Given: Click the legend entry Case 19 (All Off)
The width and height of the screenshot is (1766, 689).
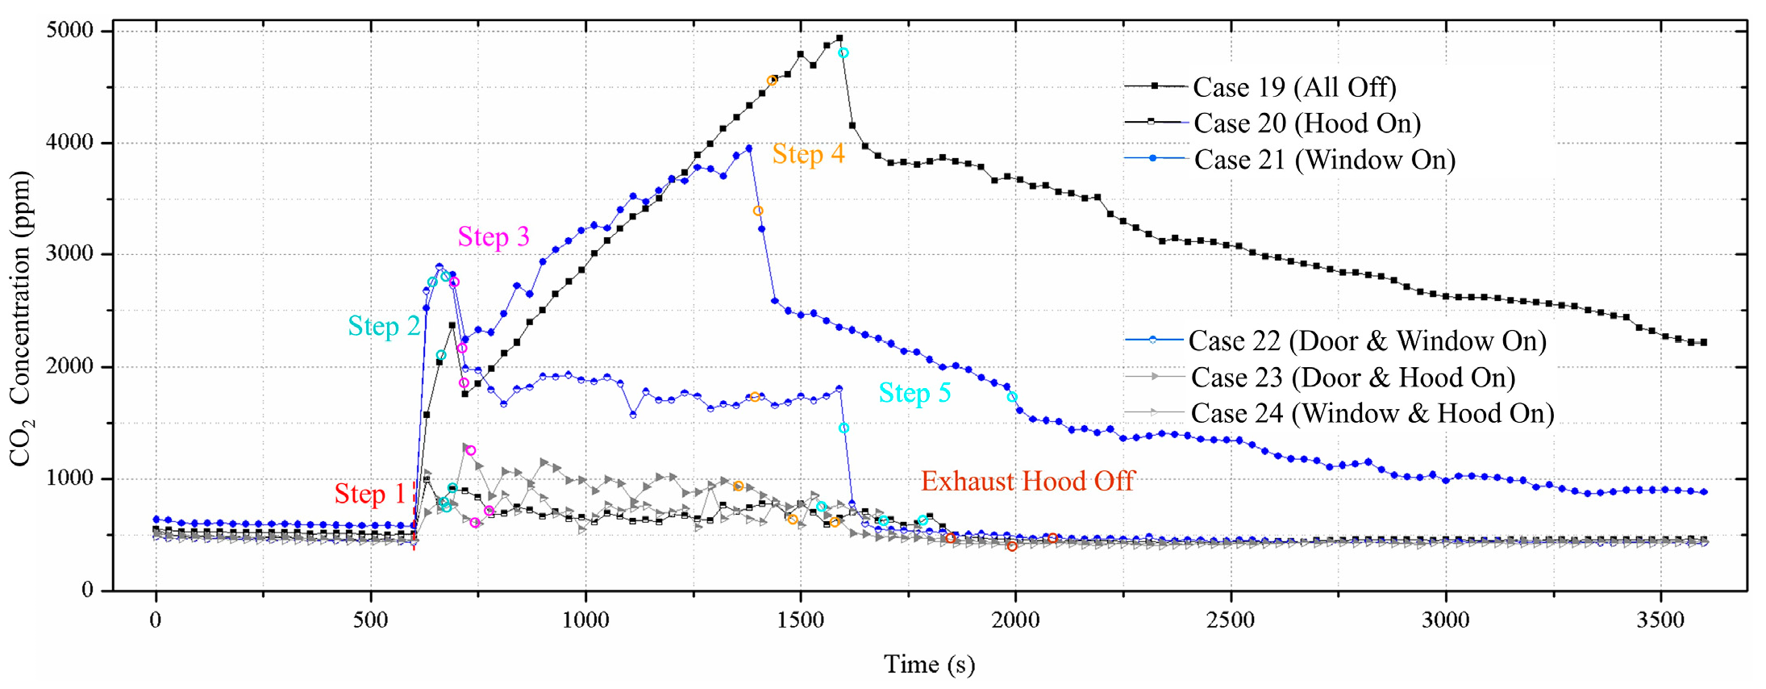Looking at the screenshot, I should click(x=1293, y=87).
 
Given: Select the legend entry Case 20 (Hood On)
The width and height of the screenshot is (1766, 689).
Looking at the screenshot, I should click(x=1306, y=123).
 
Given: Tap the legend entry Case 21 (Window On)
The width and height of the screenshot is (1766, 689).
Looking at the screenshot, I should click(x=1323, y=160).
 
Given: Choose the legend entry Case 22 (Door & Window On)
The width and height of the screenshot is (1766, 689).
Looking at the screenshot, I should click(x=1367, y=341).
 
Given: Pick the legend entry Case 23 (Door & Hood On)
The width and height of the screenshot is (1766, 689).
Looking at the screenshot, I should click(x=1352, y=378).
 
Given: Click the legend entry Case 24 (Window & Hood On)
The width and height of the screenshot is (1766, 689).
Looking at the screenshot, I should click(x=1372, y=414).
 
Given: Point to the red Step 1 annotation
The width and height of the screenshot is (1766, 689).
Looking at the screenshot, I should click(x=370, y=494).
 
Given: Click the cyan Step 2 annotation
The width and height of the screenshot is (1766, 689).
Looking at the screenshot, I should click(x=384, y=326).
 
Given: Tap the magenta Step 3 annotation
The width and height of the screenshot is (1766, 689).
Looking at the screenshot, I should click(x=494, y=237).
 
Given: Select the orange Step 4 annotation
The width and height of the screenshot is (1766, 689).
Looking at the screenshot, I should click(x=808, y=154).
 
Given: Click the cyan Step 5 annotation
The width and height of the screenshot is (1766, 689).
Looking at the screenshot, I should click(x=914, y=393).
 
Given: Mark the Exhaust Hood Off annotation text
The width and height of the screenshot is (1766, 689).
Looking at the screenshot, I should click(x=1027, y=482).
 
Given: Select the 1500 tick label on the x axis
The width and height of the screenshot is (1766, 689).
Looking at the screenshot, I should click(x=800, y=620).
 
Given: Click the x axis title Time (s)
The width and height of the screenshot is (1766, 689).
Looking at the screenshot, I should click(x=929, y=664).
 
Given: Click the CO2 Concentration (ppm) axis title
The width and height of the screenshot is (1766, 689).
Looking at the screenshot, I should click(x=20, y=319).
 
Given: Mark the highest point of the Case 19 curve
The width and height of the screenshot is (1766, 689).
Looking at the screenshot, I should click(x=839, y=38).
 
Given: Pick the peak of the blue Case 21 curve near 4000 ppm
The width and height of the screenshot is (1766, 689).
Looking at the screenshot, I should click(x=749, y=148).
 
